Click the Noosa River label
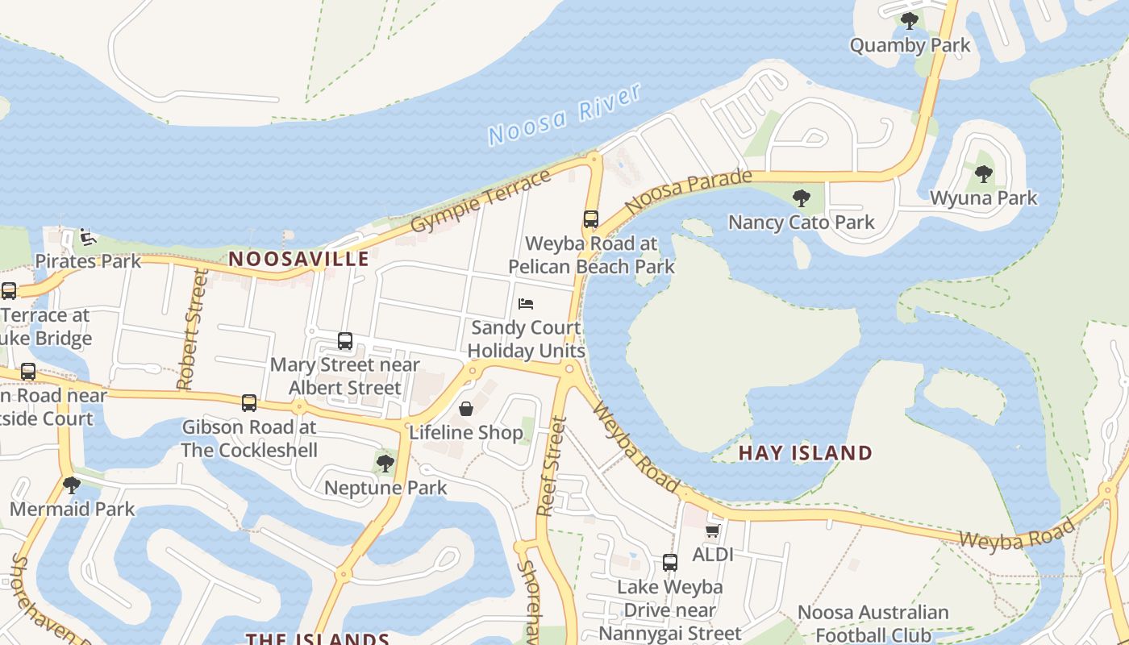[564, 114]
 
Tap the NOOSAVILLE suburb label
[298, 259]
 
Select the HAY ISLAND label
[806, 453]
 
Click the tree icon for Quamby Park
[910, 21]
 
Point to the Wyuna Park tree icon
[983, 173]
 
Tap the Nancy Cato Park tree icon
[801, 198]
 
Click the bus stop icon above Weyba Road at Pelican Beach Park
[591, 218]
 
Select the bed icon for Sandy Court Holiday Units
[526, 304]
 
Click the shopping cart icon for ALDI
[712, 531]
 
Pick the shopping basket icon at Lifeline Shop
[466, 409]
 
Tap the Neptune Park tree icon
[385, 463]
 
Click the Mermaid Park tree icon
[72, 485]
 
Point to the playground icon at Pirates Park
[88, 237]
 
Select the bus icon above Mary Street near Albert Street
[345, 340]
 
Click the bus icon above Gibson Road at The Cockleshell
[249, 402]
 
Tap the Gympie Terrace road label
[481, 201]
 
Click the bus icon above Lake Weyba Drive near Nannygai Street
[670, 563]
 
